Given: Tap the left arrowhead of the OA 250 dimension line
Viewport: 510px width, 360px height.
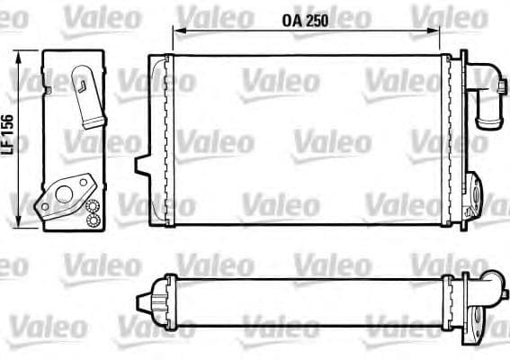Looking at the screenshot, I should pos(176,31).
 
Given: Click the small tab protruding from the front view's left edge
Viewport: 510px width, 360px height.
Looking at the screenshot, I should pos(141,165).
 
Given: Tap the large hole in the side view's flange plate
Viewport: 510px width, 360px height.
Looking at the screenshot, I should pos(63,190).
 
